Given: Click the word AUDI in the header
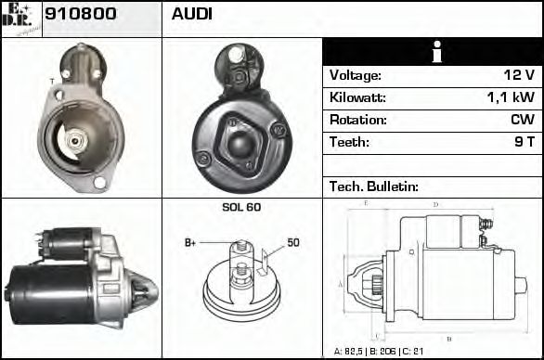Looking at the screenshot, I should point(192,15).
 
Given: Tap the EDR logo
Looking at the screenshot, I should point(21,18).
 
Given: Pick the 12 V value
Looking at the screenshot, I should point(516,75).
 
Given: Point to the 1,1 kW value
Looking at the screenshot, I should point(510,97).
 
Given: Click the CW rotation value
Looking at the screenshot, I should point(522,120).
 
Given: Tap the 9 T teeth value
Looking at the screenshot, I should point(524,142).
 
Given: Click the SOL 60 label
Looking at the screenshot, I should point(241,207).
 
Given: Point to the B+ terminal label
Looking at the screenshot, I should point(190,243).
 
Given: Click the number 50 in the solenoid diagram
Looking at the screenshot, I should point(293,243).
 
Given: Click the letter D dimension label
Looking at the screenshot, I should point(435,204).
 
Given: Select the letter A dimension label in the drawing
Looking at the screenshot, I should point(340,283).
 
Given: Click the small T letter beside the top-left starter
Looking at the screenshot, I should point(52,81).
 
